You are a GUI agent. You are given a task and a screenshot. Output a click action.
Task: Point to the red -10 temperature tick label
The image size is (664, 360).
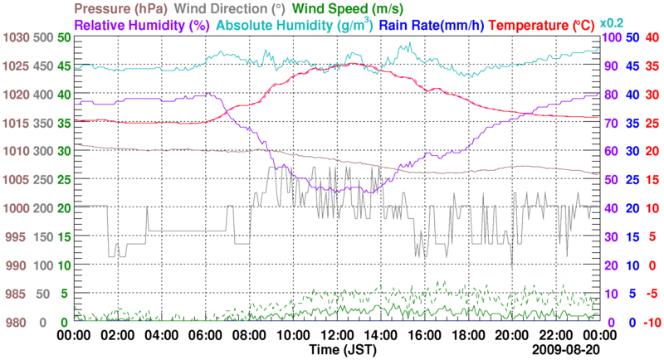pos(652,322)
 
